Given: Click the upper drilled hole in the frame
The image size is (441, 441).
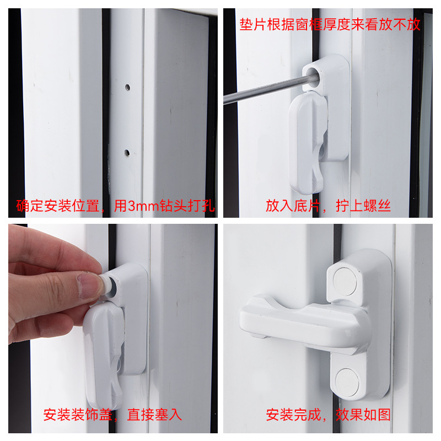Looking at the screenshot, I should click(x=127, y=87).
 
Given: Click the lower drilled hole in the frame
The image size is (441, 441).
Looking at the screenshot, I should click(x=127, y=153).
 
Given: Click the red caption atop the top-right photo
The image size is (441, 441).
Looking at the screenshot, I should click(x=330, y=25).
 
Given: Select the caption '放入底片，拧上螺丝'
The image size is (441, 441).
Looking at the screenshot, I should click(x=328, y=207).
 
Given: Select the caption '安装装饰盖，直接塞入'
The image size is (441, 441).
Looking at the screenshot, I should click(x=112, y=415).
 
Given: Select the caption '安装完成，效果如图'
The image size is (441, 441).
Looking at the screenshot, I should click(x=329, y=415).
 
